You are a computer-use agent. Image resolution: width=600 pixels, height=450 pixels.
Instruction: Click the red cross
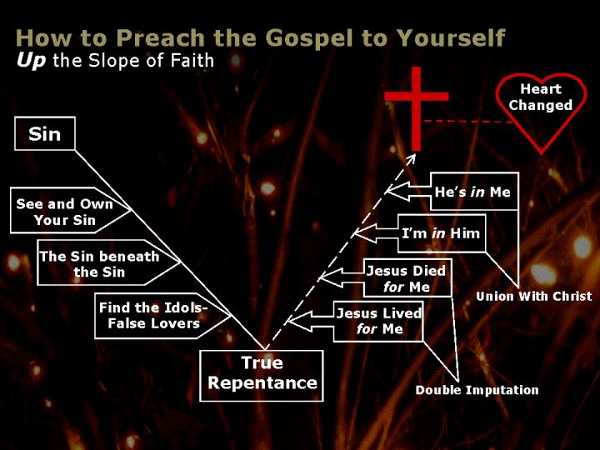tap(417, 109)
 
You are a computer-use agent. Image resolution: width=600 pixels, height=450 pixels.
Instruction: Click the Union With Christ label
tap(534, 296)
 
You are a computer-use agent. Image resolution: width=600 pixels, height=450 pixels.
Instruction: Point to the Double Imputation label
tap(477, 390)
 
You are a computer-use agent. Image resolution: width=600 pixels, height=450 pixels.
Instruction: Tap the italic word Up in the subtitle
tap(31, 61)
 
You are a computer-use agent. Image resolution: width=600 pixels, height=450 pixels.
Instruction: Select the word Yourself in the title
tap(450, 37)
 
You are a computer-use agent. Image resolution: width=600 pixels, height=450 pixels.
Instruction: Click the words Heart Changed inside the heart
tap(540, 97)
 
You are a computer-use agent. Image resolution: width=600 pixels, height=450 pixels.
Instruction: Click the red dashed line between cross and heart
tap(468, 122)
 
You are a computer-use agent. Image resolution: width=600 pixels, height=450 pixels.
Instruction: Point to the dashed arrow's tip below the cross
tap(415, 154)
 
